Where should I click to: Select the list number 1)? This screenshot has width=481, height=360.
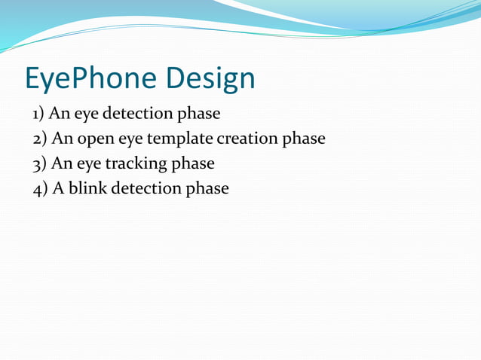39,114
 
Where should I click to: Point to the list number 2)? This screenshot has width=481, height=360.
41,139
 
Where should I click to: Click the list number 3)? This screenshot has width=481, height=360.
41,163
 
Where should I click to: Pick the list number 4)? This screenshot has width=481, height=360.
41,188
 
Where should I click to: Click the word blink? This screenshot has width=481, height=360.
88,188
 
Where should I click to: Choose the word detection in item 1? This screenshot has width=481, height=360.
138,114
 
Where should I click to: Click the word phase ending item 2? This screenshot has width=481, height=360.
304,139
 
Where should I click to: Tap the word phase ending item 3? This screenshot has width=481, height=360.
193,163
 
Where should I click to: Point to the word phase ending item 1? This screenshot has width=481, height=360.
198,114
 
